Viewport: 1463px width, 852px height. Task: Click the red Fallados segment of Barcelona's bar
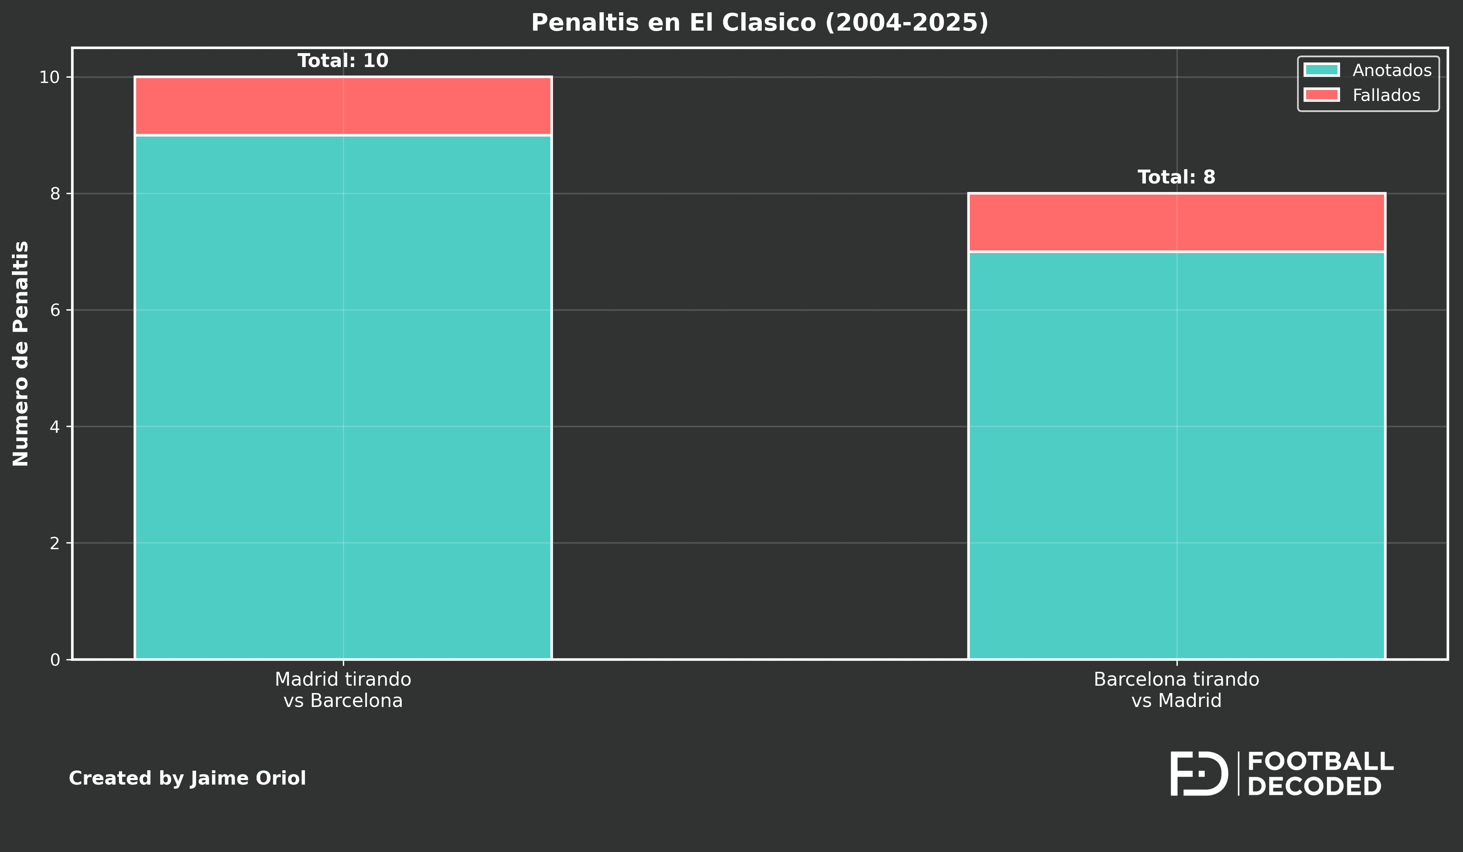point(1176,223)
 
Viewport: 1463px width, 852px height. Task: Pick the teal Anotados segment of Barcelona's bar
point(1176,455)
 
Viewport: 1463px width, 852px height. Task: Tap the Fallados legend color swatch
point(1321,95)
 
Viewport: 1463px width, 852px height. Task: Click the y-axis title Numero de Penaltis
point(21,353)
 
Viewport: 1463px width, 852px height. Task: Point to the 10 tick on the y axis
point(49,77)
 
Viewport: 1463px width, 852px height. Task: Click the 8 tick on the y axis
point(55,194)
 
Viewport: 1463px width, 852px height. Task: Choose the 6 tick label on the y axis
point(55,310)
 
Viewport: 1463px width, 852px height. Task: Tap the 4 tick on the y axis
point(55,427)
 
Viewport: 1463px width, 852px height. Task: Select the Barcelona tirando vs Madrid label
point(1176,690)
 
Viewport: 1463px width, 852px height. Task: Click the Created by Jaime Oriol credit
point(187,778)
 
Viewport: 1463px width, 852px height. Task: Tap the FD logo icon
point(1198,774)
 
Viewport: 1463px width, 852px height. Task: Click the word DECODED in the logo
point(1314,787)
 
